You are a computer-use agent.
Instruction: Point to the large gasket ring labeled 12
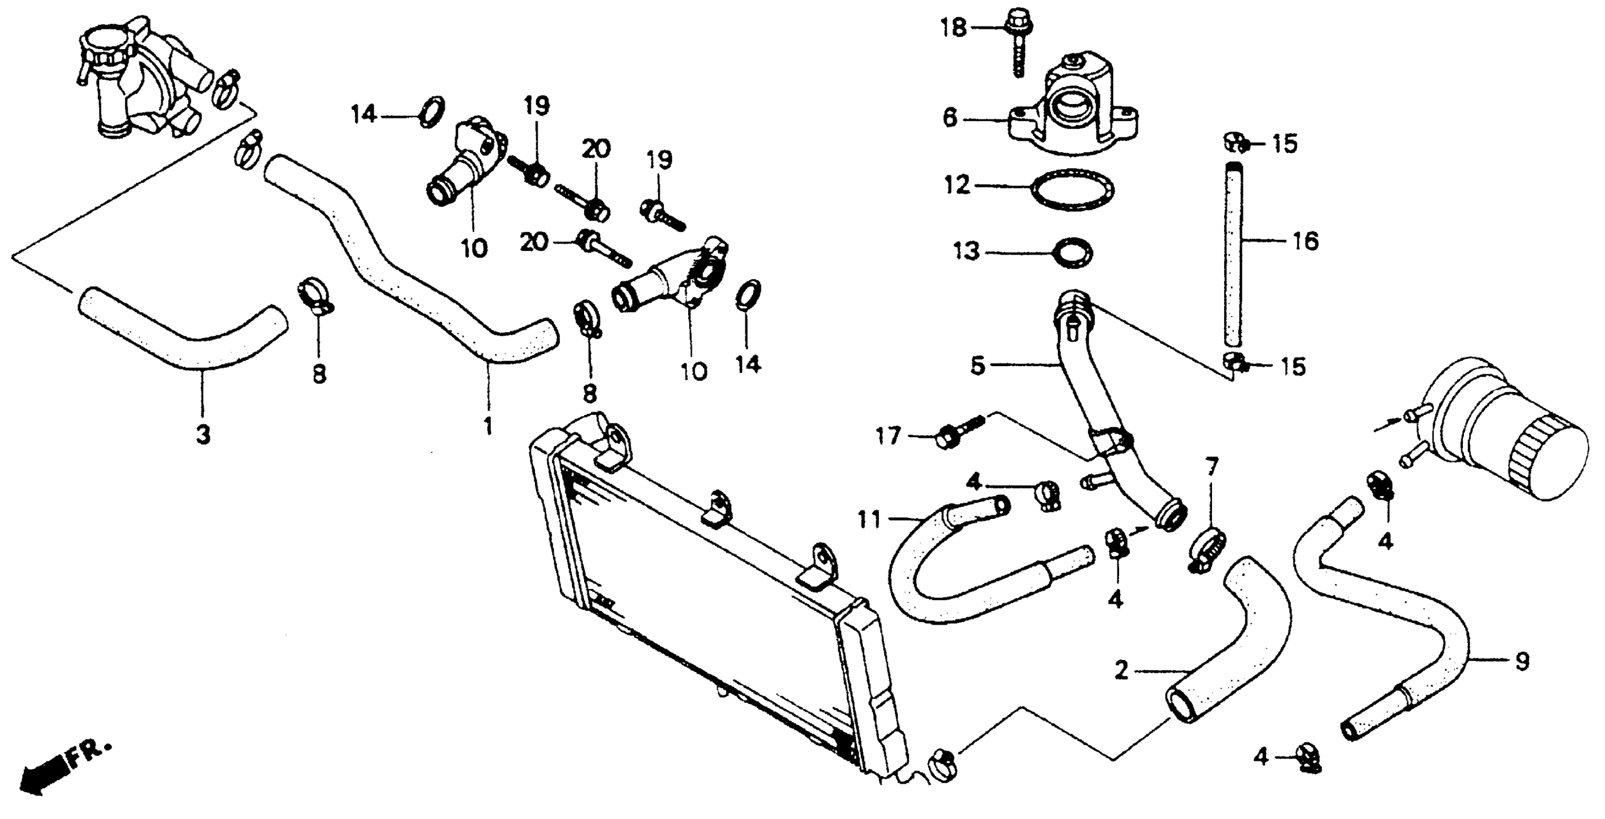point(1073,186)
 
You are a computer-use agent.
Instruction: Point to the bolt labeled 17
point(953,435)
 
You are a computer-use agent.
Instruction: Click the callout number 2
point(1122,671)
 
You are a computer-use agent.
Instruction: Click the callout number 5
point(978,365)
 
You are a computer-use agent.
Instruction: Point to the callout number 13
point(966,252)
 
